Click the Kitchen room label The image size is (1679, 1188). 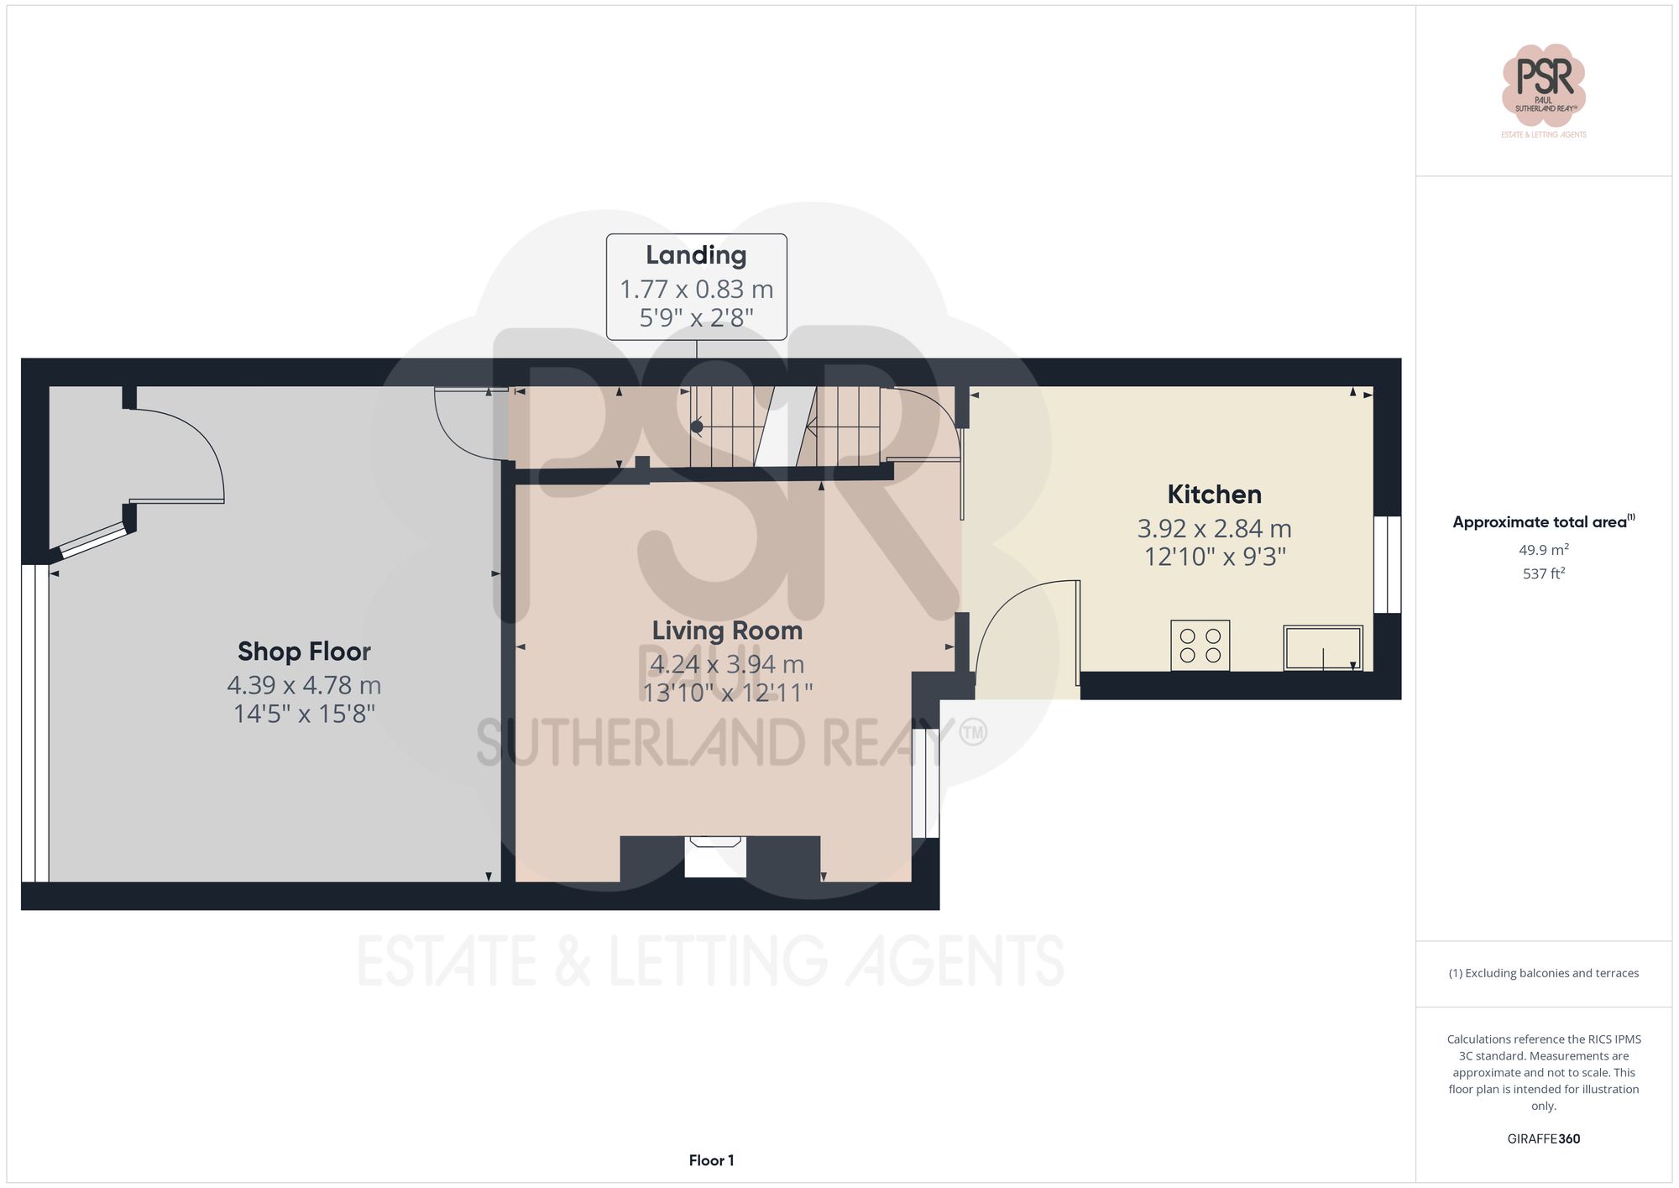pyautogui.click(x=1214, y=495)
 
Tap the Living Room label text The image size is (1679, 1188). pyautogui.click(x=727, y=631)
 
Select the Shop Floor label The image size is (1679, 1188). pyautogui.click(x=304, y=652)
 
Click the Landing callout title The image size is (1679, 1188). pyautogui.click(x=696, y=255)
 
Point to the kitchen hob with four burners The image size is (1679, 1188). pyautogui.click(x=1200, y=646)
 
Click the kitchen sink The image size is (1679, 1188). pyautogui.click(x=1323, y=648)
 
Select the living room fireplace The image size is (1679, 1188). pyautogui.click(x=715, y=856)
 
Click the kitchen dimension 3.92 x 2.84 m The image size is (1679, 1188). pyautogui.click(x=1214, y=529)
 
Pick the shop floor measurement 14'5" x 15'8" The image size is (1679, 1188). pyautogui.click(x=304, y=714)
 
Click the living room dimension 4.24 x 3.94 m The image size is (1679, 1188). pyautogui.click(x=727, y=664)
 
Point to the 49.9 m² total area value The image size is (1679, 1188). pyautogui.click(x=1543, y=550)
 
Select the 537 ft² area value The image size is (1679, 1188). pyautogui.click(x=1543, y=574)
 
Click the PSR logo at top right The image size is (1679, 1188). pyautogui.click(x=1543, y=84)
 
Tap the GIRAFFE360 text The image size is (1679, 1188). pyautogui.click(x=1543, y=1139)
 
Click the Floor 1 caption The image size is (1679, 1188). pyautogui.click(x=711, y=1160)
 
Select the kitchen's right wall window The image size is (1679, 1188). pyautogui.click(x=1387, y=564)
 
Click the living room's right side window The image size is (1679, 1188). pyautogui.click(x=925, y=782)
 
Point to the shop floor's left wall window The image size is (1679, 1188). pyautogui.click(x=34, y=723)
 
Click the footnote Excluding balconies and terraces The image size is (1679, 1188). pyautogui.click(x=1543, y=974)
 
